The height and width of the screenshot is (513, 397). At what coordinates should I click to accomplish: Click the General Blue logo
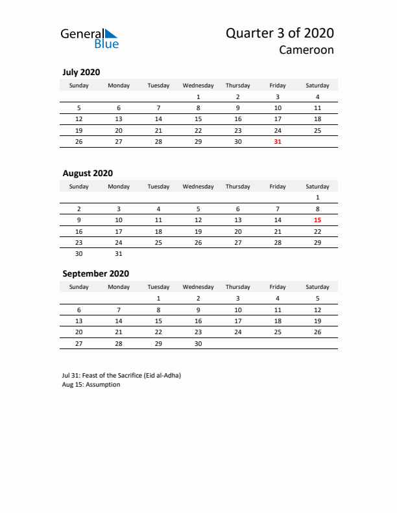tap(90, 38)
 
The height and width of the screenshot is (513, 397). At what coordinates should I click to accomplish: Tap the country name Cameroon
tap(307, 50)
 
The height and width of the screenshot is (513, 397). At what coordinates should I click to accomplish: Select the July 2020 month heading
tap(81, 73)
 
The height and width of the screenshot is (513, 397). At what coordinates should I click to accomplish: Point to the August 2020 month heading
tap(88, 173)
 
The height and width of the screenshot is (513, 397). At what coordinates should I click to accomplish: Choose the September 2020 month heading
tap(95, 273)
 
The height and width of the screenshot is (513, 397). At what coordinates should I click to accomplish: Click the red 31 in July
tap(278, 142)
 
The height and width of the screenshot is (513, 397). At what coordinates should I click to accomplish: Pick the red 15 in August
tap(317, 220)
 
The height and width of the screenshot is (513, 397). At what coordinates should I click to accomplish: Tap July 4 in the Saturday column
tap(317, 97)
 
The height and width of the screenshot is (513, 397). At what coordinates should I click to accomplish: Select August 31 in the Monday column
tap(119, 254)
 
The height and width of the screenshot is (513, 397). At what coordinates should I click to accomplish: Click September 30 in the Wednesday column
tap(198, 344)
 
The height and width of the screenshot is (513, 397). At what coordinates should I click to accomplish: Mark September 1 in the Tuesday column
tap(158, 299)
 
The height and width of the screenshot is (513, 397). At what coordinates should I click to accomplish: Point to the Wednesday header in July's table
tap(198, 85)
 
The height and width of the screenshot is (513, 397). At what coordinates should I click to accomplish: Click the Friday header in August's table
tap(278, 187)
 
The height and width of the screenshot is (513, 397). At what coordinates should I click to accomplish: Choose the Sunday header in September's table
tap(79, 287)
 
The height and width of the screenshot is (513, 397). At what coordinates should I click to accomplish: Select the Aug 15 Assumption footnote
tap(91, 384)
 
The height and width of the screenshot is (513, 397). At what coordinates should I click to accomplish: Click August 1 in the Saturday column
tap(317, 197)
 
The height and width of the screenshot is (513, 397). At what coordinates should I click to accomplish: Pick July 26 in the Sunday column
tap(79, 142)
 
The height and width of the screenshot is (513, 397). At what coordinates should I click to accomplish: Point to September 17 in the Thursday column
tap(237, 321)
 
